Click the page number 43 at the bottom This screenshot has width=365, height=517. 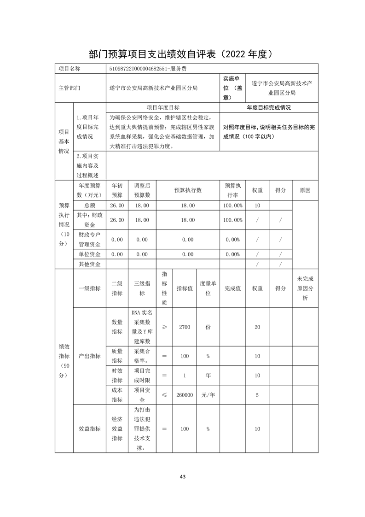click(183, 476)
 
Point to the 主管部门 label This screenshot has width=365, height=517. click(70, 88)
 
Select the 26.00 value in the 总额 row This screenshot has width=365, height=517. click(117, 206)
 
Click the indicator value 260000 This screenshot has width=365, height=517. click(185, 395)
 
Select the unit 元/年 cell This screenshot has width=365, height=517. click(208, 395)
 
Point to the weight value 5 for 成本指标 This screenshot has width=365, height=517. click(257, 395)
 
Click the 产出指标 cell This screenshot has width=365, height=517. click(89, 356)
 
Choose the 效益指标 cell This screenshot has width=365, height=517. click(89, 429)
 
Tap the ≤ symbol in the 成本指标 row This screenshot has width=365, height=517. click(164, 395)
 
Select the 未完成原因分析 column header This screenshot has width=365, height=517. click(305, 288)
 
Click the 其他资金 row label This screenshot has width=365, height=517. click(89, 264)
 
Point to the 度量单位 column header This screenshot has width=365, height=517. click(208, 288)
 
